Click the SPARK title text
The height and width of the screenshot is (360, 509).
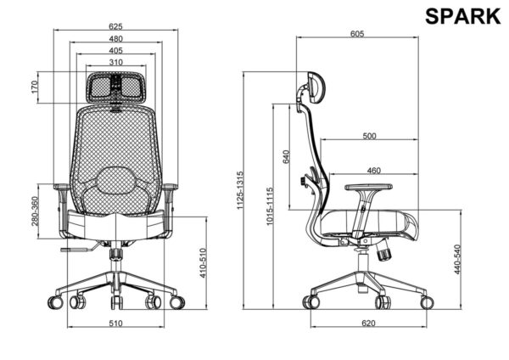pos(462,16)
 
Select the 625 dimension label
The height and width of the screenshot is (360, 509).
pos(115,26)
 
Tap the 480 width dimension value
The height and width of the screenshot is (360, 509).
pos(116,39)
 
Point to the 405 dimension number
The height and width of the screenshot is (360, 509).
pos(116,50)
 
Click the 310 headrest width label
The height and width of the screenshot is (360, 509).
pos(116,62)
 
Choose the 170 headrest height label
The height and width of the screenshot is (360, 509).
pos(35,87)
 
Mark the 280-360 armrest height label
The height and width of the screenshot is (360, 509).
pos(35,211)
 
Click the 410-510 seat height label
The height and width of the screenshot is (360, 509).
pos(203,263)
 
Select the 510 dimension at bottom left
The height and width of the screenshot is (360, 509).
pos(115,323)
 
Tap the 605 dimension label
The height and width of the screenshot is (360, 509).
pos(357,33)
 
